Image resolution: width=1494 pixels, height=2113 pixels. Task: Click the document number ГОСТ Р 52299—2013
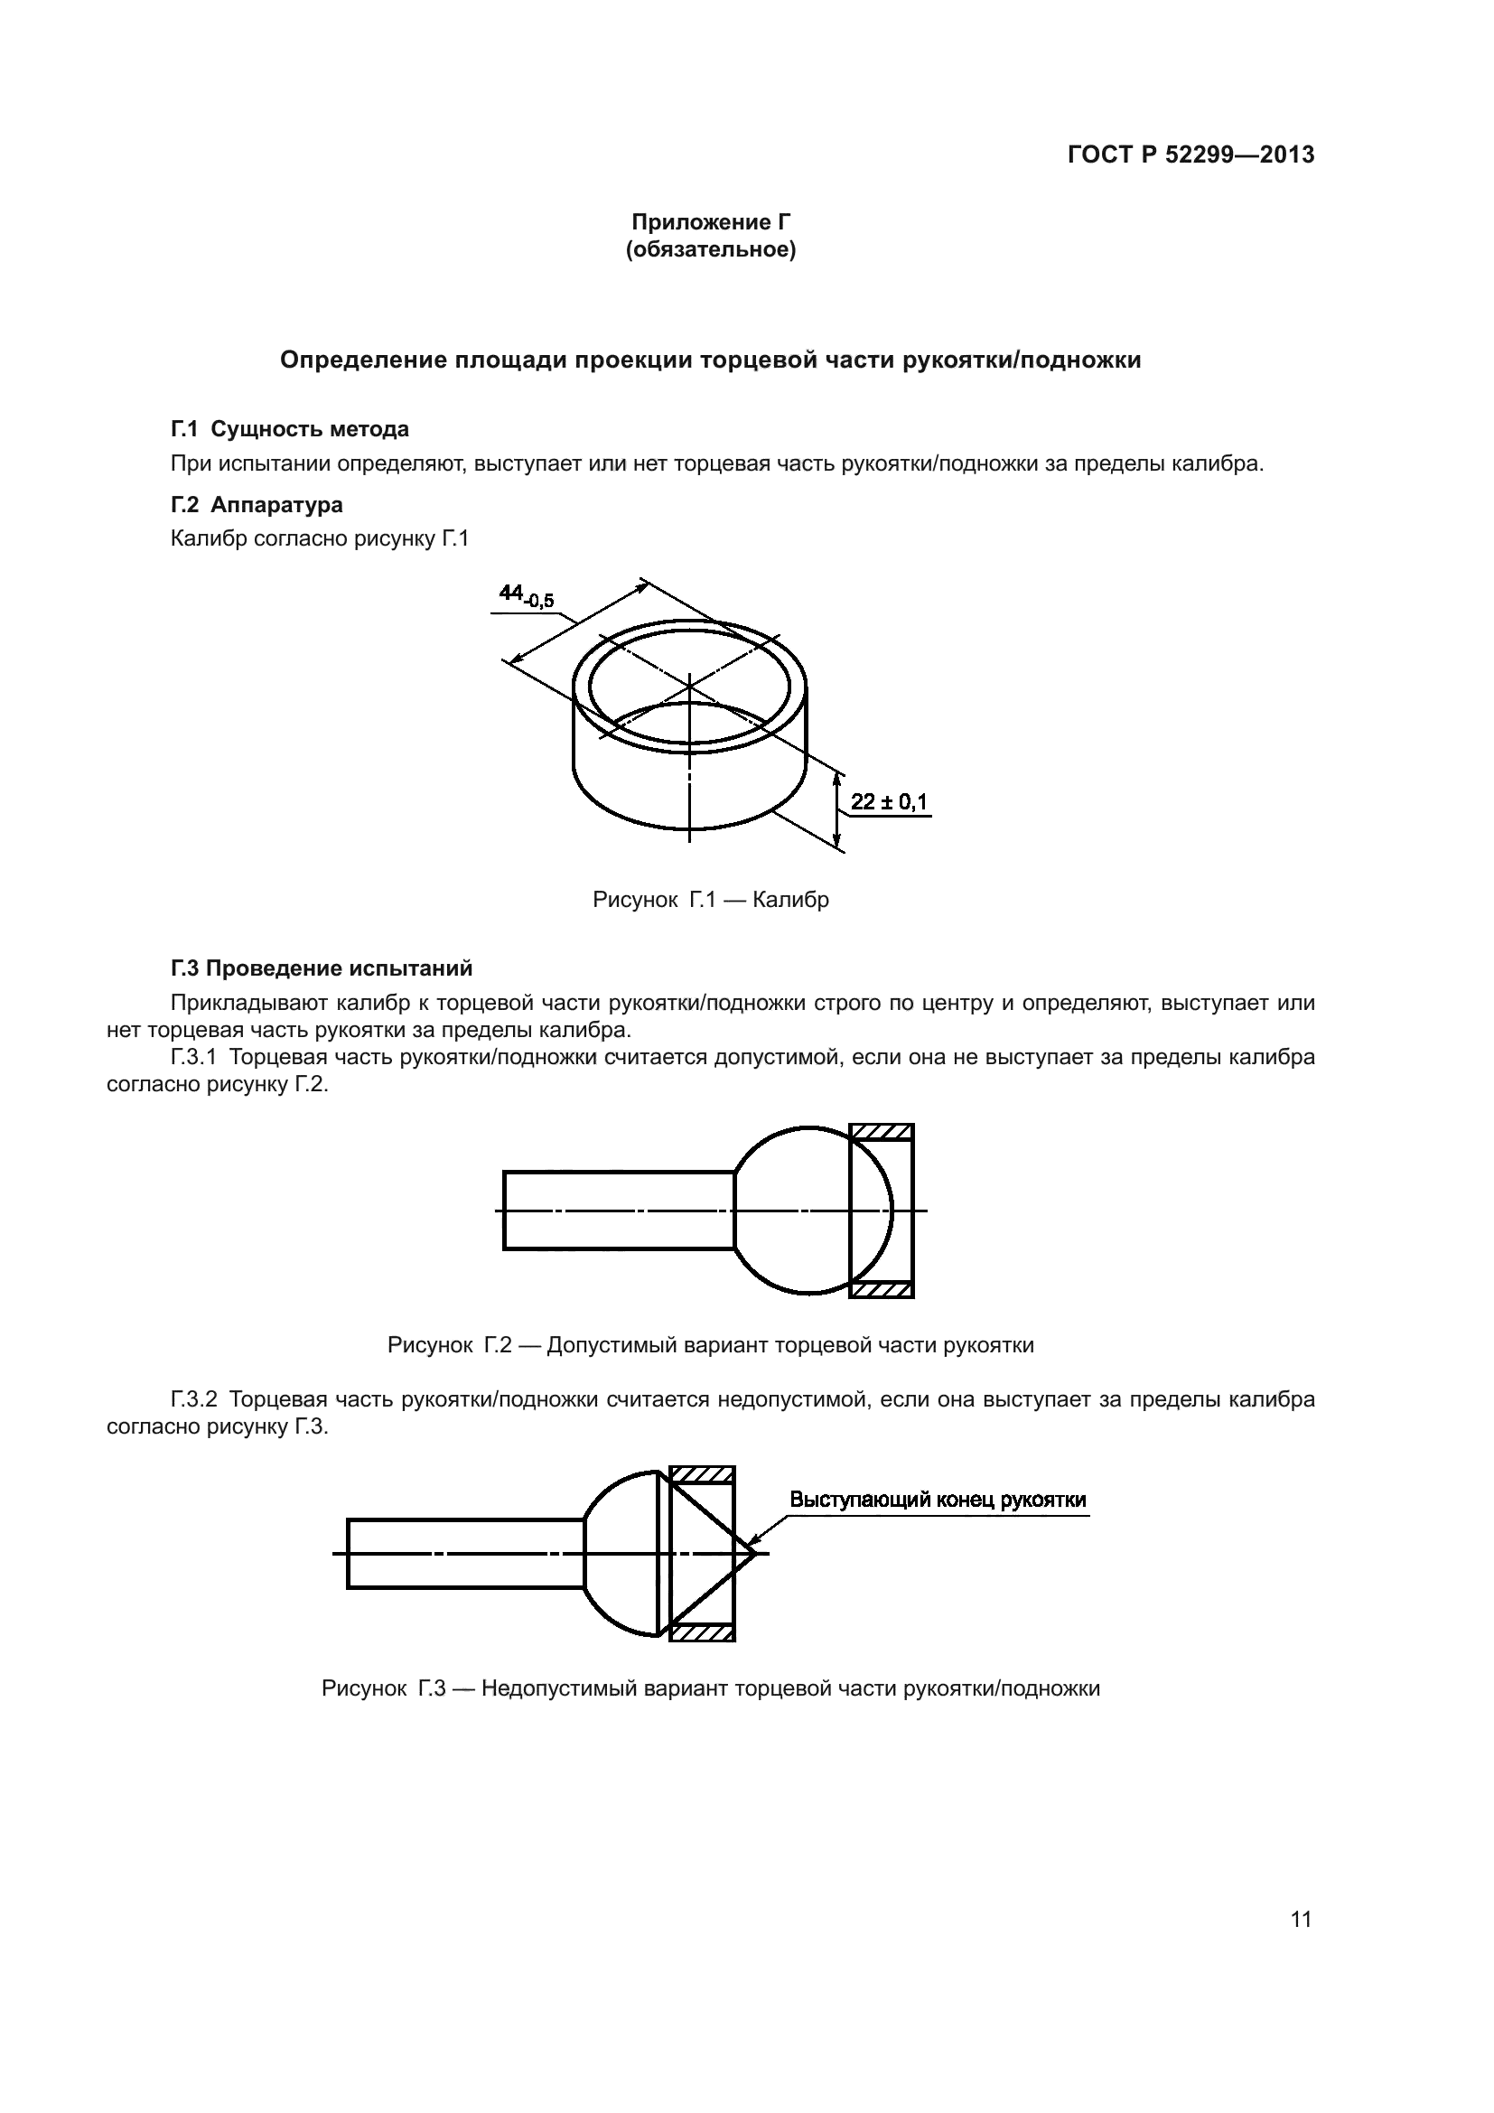coord(1191,154)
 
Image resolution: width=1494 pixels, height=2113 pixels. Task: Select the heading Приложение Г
coord(710,222)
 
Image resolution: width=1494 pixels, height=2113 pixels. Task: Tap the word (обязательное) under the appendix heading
coord(710,249)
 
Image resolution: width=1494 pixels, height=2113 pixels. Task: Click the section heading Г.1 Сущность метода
coord(290,429)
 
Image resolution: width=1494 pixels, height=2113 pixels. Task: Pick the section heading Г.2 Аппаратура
coord(257,504)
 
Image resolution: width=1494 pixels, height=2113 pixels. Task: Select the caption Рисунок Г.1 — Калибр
coord(710,899)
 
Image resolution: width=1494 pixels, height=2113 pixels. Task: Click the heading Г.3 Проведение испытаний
coord(322,968)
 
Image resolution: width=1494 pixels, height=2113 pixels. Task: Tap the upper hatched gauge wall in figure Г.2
coord(882,1132)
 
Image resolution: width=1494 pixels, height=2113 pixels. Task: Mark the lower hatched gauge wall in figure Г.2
coord(882,1290)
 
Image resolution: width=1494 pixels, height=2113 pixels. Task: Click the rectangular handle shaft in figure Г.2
coord(618,1211)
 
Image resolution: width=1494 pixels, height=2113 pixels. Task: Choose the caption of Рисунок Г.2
coord(710,1345)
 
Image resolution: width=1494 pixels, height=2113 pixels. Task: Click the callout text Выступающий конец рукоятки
coord(938,1501)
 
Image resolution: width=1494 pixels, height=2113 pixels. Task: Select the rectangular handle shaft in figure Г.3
coord(464,1554)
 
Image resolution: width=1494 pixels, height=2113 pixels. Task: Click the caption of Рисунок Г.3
coord(710,1688)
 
